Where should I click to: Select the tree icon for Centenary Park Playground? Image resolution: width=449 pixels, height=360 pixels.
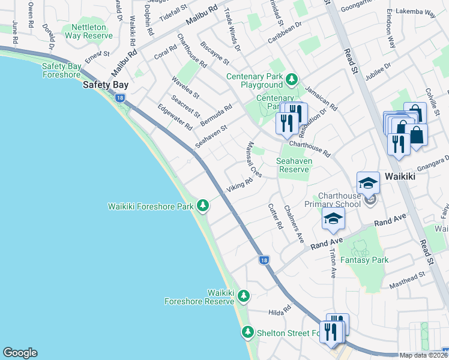click(x=292, y=79)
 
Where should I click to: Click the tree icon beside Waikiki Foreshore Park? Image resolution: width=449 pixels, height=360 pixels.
click(x=203, y=206)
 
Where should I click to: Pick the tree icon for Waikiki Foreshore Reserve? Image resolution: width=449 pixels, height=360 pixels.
click(x=244, y=296)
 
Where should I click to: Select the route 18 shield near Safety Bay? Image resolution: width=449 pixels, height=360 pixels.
click(x=121, y=98)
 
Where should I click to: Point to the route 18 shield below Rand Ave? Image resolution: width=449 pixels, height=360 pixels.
click(x=264, y=260)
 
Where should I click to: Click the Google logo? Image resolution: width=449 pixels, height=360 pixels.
click(x=20, y=353)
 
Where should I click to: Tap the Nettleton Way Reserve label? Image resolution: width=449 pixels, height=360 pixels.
click(x=88, y=32)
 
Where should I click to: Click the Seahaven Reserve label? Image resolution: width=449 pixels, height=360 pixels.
click(x=293, y=166)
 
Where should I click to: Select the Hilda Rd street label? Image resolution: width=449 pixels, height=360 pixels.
click(x=279, y=310)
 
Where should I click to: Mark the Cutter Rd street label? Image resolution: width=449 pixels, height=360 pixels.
click(x=275, y=216)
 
